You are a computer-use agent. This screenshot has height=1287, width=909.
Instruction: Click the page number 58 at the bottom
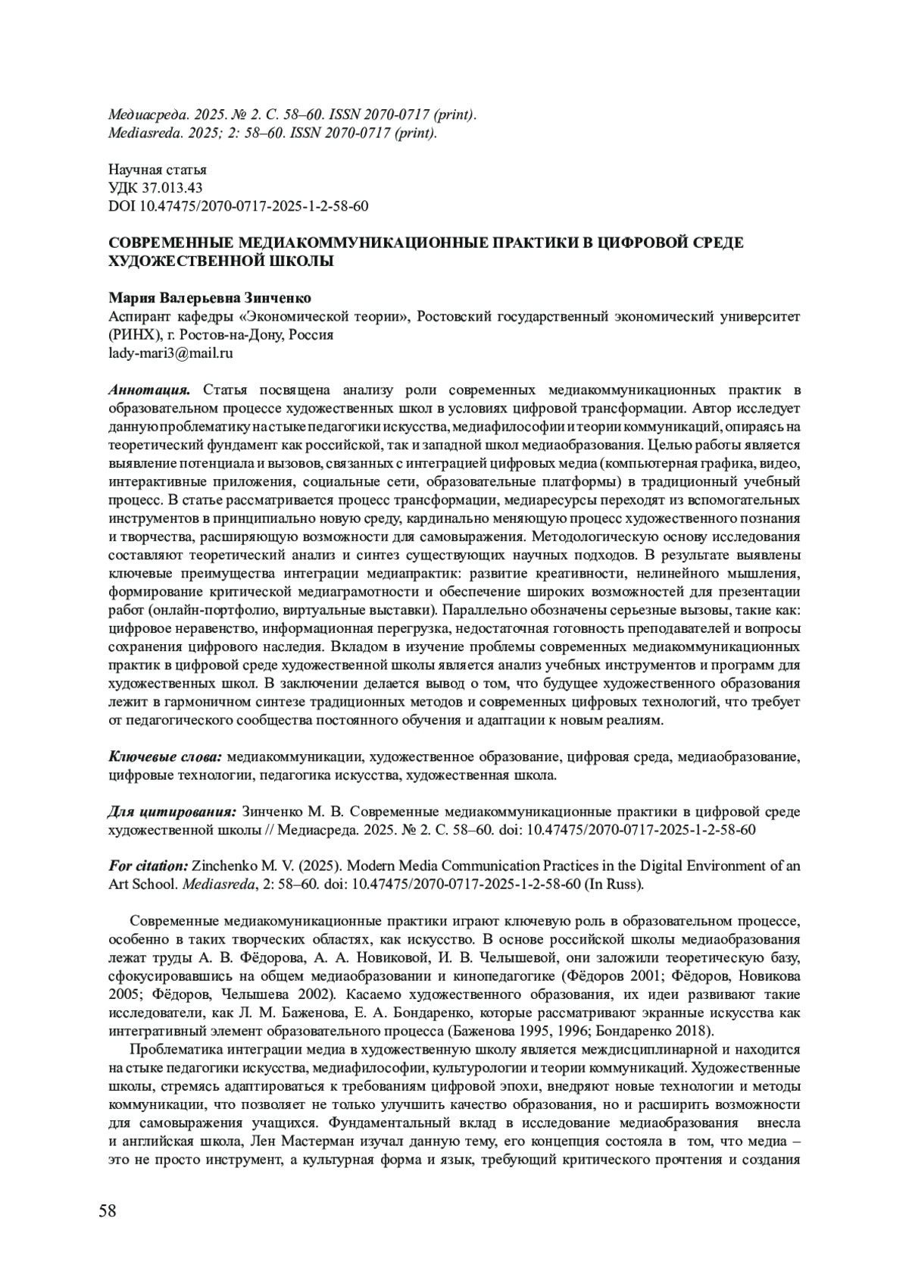(x=108, y=1210)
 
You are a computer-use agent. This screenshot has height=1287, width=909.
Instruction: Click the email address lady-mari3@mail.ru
(x=170, y=352)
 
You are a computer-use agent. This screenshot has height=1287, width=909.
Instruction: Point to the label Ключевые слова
(x=164, y=756)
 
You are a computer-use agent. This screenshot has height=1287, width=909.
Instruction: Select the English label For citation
(x=148, y=866)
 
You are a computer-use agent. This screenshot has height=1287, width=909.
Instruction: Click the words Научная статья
(x=158, y=170)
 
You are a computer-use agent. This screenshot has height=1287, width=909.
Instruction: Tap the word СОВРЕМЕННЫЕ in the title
(x=170, y=243)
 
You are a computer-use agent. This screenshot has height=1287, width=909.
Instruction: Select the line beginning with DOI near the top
(x=239, y=206)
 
